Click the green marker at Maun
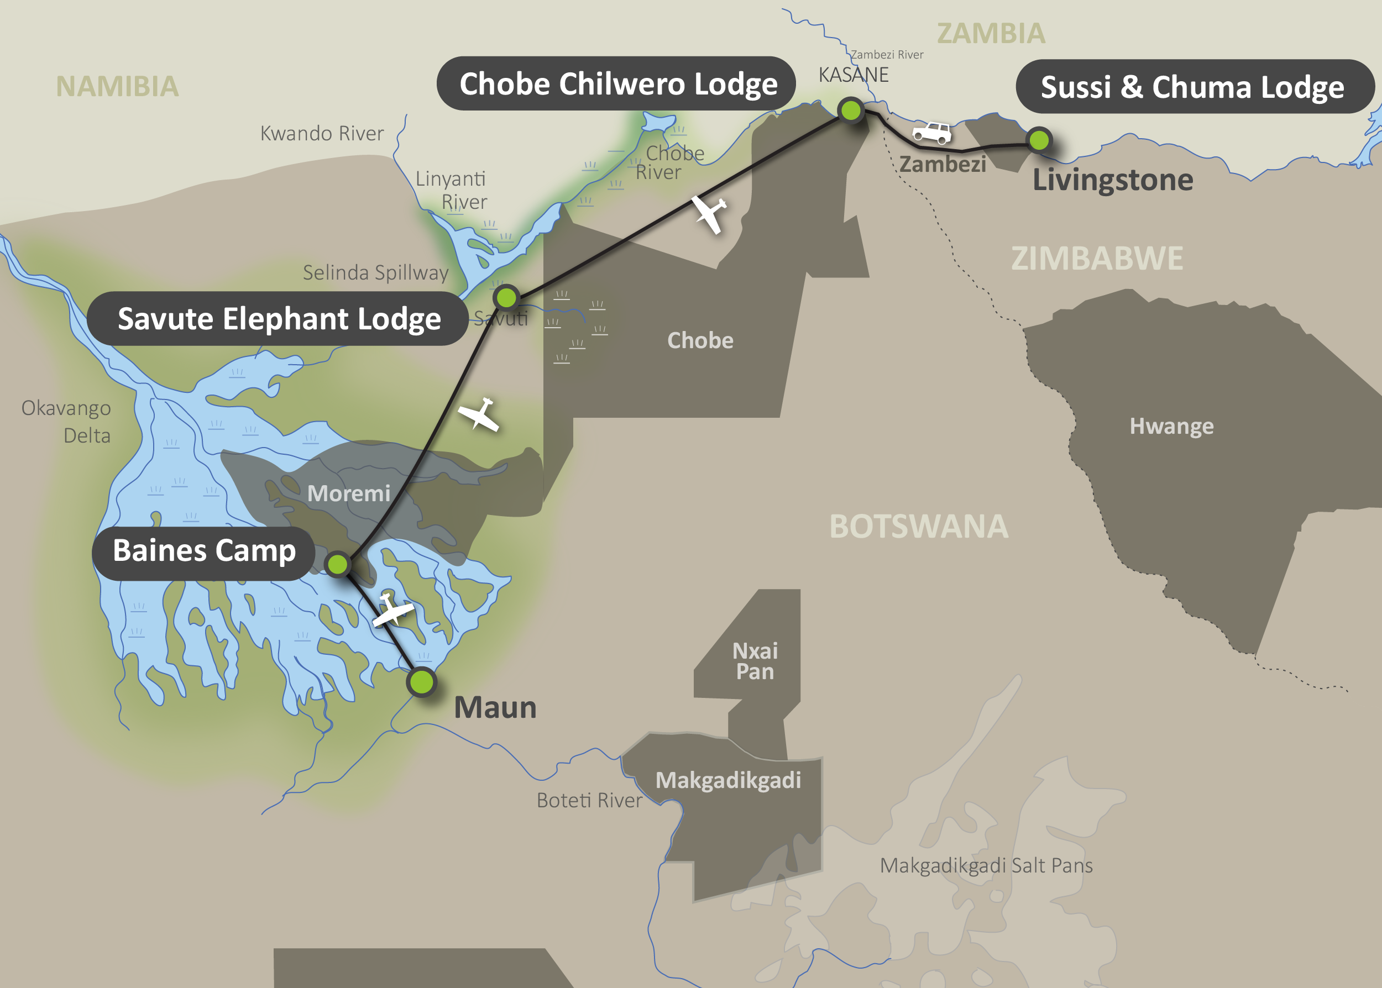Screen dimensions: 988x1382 [421, 681]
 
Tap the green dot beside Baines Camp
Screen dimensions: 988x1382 [337, 564]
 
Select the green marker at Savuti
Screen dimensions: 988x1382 [506, 297]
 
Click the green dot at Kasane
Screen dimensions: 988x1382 [850, 110]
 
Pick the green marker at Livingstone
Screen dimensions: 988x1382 [1039, 140]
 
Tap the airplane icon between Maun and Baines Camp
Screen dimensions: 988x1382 [392, 609]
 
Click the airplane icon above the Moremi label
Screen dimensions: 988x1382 [479, 415]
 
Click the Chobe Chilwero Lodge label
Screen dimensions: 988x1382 [616, 83]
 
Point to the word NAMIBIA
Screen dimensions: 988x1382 [117, 86]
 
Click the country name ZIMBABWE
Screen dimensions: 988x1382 [1097, 258]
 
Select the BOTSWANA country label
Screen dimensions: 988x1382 [918, 526]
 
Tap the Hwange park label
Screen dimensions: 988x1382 [1171, 426]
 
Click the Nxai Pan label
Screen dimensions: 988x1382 [755, 661]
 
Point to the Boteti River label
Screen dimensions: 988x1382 [589, 800]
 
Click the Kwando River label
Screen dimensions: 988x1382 [322, 133]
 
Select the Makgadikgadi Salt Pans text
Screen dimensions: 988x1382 [986, 865]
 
